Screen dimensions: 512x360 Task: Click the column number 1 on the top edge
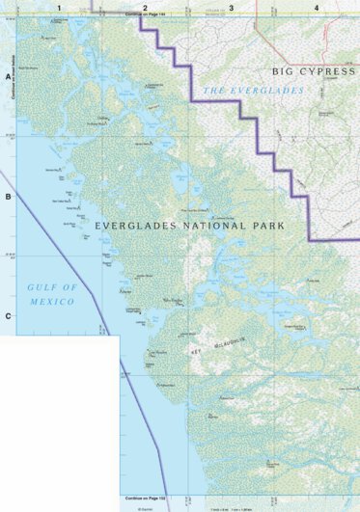(59, 7)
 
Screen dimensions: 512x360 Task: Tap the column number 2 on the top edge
(145, 7)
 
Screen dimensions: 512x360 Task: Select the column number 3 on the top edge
(231, 7)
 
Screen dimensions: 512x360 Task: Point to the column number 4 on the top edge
(317, 7)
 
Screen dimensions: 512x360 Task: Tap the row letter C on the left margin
(9, 316)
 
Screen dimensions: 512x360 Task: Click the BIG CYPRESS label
(308, 71)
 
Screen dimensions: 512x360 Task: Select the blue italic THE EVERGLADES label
(253, 90)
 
